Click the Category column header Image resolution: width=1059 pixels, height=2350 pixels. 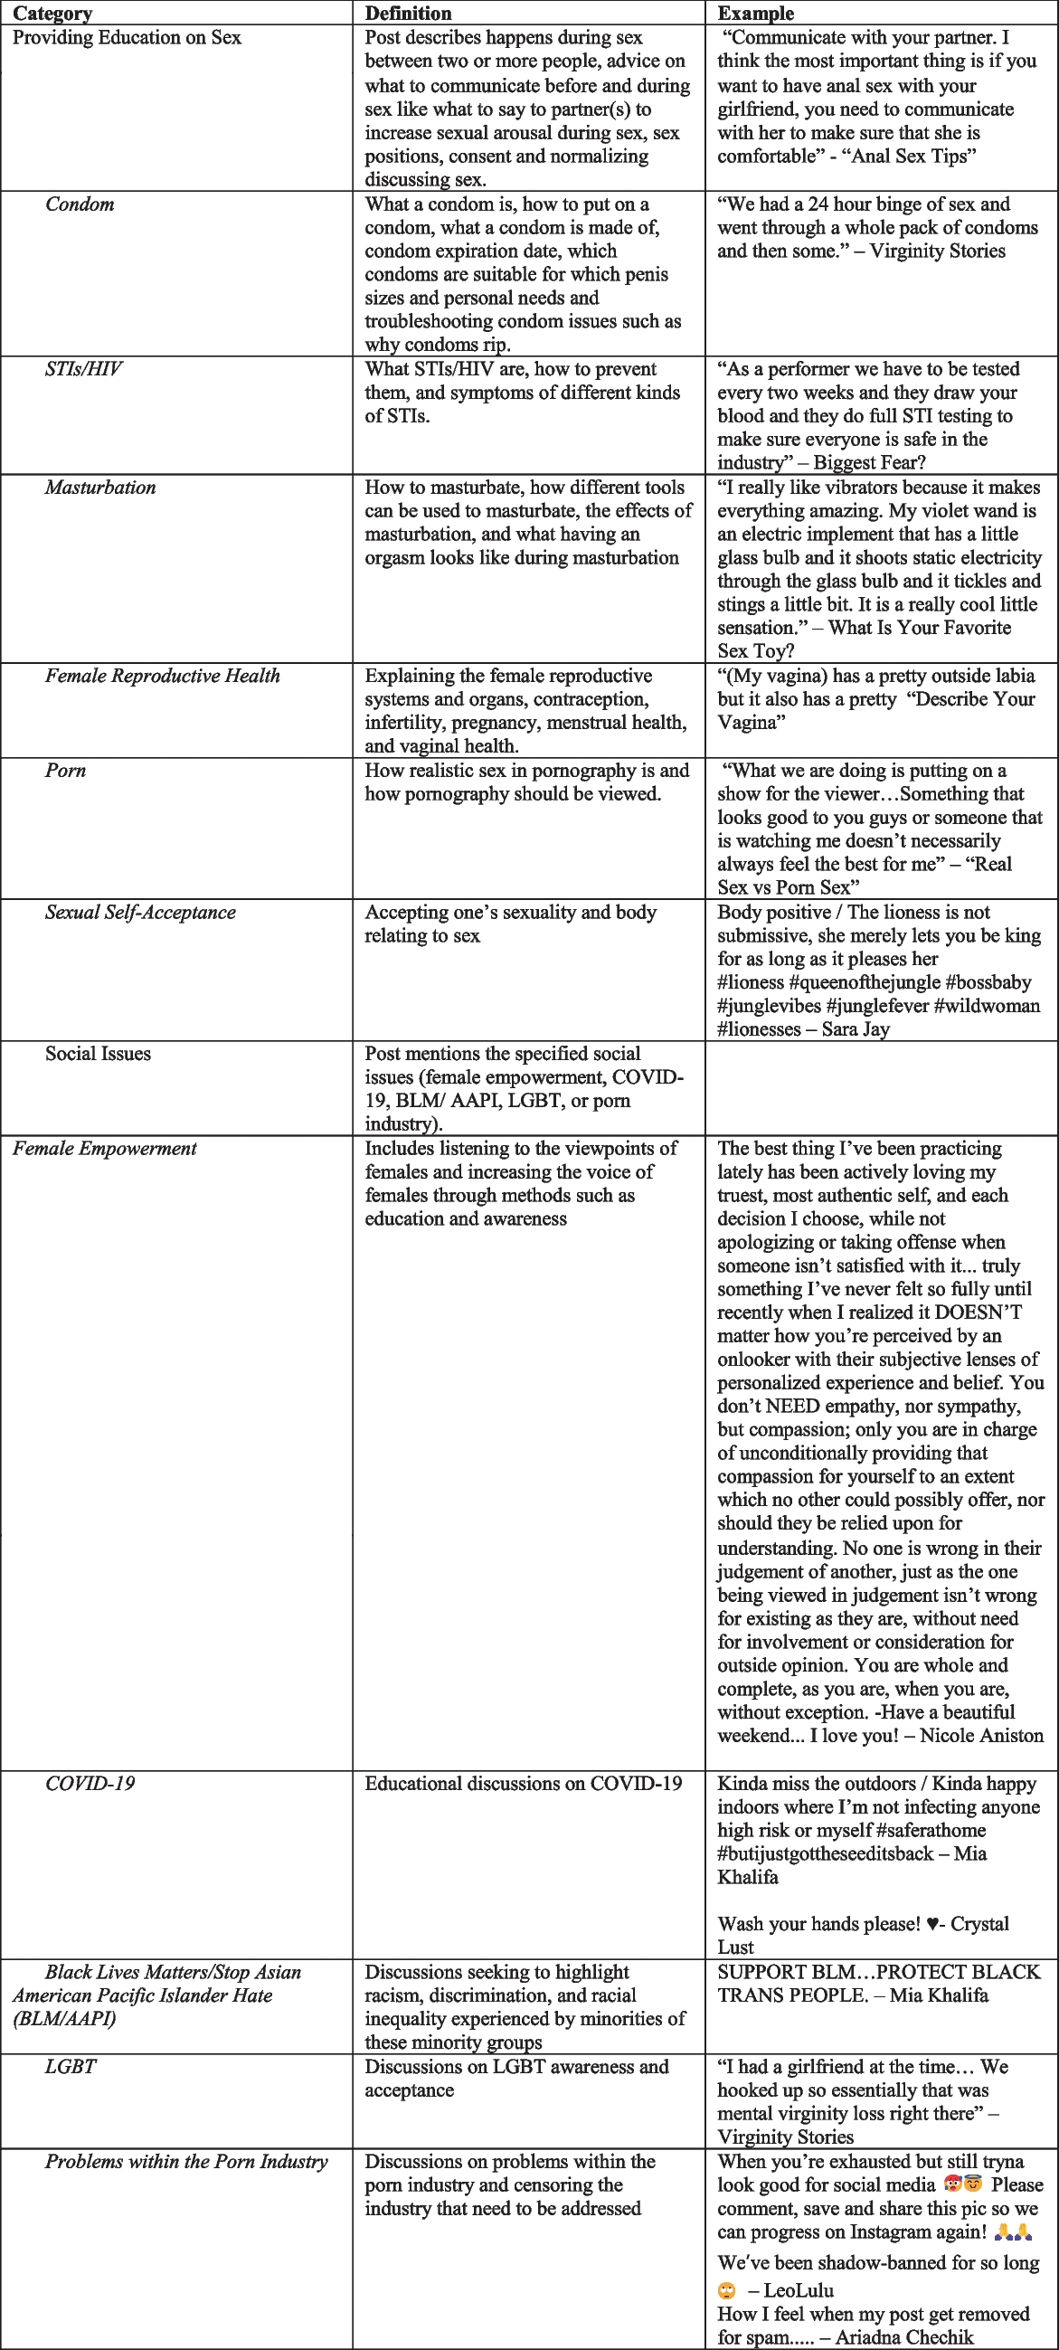tap(52, 13)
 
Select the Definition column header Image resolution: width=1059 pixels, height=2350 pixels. tap(408, 13)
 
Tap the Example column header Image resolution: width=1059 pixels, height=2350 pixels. tap(755, 13)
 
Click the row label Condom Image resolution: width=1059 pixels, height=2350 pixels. tap(80, 204)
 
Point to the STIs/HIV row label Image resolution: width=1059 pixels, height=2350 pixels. tap(83, 369)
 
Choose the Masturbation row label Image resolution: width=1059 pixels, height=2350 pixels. tap(100, 488)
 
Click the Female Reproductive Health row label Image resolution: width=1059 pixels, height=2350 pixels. tap(163, 676)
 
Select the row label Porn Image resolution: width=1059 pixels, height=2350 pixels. tap(65, 771)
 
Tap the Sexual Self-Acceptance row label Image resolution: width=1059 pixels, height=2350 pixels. tap(139, 913)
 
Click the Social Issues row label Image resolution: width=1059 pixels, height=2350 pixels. tap(98, 1054)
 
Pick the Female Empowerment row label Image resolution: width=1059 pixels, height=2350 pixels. tap(104, 1149)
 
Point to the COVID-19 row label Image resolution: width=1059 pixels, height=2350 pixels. tap(90, 1784)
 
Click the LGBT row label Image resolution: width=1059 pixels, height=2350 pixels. tap(71, 2066)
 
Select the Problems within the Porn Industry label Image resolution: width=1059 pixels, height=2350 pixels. tap(186, 2161)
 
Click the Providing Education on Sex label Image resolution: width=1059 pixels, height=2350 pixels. tap(127, 37)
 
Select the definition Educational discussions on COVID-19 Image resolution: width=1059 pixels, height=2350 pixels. tap(523, 1784)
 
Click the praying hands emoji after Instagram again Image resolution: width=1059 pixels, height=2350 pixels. tap(1014, 2232)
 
